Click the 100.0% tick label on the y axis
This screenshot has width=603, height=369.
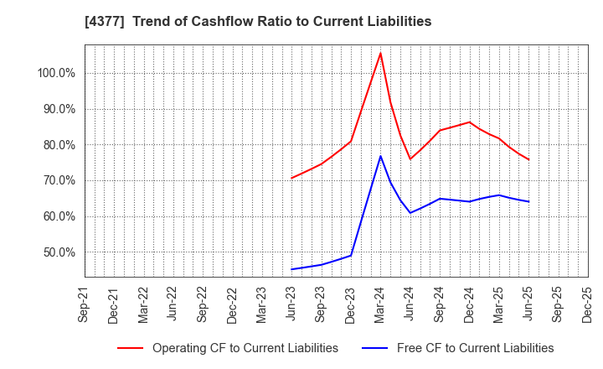pyautogui.click(x=56, y=73)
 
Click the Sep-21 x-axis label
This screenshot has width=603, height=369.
pyautogui.click(x=83, y=304)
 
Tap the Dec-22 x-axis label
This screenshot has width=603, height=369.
pyautogui.click(x=232, y=304)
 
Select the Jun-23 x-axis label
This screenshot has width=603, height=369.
pyautogui.click(x=291, y=304)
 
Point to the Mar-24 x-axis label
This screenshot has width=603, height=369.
pyautogui.click(x=380, y=304)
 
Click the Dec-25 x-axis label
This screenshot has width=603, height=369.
pyautogui.click(x=588, y=304)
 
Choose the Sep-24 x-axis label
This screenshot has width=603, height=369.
pyautogui.click(x=440, y=304)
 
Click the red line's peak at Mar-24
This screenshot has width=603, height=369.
pyautogui.click(x=380, y=53)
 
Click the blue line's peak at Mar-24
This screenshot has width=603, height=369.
pyautogui.click(x=380, y=156)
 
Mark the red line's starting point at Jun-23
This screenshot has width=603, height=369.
pyautogui.click(x=291, y=178)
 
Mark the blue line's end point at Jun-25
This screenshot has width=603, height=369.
pyautogui.click(x=528, y=201)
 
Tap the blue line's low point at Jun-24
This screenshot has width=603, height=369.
pyautogui.click(x=410, y=212)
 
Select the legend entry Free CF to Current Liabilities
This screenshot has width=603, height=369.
pyautogui.click(x=475, y=348)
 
